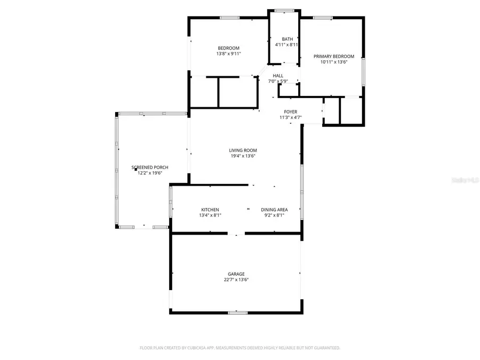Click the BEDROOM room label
point(228,48)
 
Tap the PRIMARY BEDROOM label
point(334,56)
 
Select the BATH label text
point(287,39)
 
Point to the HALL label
point(278,76)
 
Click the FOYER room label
point(290,112)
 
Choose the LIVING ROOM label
point(243,150)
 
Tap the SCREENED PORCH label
point(150,167)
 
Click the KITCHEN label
point(210,210)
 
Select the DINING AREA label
point(274,210)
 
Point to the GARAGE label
point(236,274)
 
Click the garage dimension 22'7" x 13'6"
point(236,279)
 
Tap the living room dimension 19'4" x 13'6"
point(243,156)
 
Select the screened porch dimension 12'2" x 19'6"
point(150,173)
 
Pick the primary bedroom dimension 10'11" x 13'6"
point(334,62)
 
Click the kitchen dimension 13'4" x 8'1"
point(210,215)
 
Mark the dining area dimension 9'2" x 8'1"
point(274,215)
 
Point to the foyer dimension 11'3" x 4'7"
point(290,117)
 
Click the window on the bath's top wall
point(284,10)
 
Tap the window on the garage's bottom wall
point(238,313)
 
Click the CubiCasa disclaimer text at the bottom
point(240,348)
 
